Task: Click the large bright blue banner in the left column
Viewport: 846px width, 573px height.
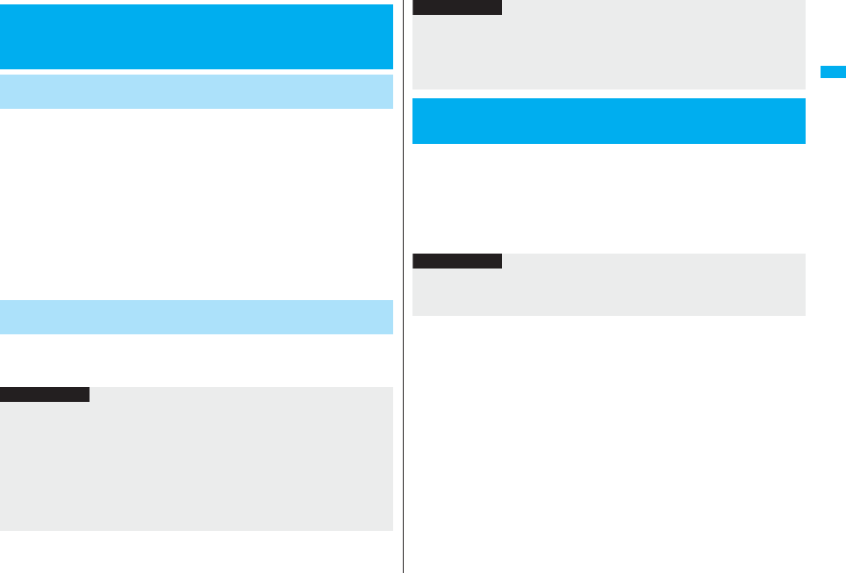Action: point(197,37)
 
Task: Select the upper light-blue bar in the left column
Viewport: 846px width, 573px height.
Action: point(197,91)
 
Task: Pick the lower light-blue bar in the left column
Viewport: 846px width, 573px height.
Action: point(197,317)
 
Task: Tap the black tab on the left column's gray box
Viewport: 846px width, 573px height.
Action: point(45,395)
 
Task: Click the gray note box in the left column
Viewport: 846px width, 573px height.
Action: point(197,465)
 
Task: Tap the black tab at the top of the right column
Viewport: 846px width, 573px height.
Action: point(457,7)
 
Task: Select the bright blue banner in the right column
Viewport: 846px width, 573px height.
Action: point(608,121)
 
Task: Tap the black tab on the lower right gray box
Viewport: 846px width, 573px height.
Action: point(457,261)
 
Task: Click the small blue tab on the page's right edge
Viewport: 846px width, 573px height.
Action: point(832,72)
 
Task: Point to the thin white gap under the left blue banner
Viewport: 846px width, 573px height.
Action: point(197,72)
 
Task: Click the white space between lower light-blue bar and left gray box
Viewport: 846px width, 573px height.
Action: point(197,360)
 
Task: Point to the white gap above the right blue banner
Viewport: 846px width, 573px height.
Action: point(608,94)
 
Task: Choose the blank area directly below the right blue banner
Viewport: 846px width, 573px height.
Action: point(608,197)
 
